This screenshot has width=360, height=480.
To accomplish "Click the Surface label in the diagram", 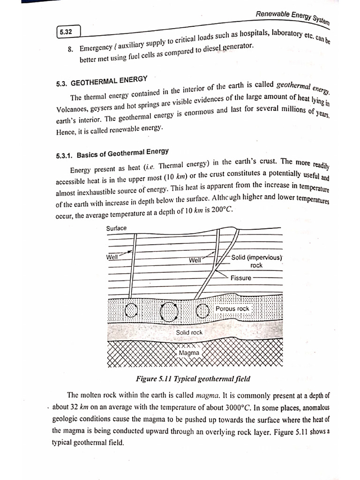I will tap(116, 228).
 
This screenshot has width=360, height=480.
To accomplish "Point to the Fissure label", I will tap(240, 277).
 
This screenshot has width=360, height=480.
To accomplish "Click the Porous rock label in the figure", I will tap(232, 309).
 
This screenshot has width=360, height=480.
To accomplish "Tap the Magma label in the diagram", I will tap(189, 352).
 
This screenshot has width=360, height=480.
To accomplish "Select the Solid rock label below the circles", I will tap(189, 332).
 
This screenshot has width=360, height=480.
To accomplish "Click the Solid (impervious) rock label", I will tap(256, 261).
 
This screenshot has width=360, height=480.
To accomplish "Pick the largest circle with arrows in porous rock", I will tap(169, 311).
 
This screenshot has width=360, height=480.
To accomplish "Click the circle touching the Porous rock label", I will tap(202, 310).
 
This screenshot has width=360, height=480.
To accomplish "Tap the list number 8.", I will tap(71, 48).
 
